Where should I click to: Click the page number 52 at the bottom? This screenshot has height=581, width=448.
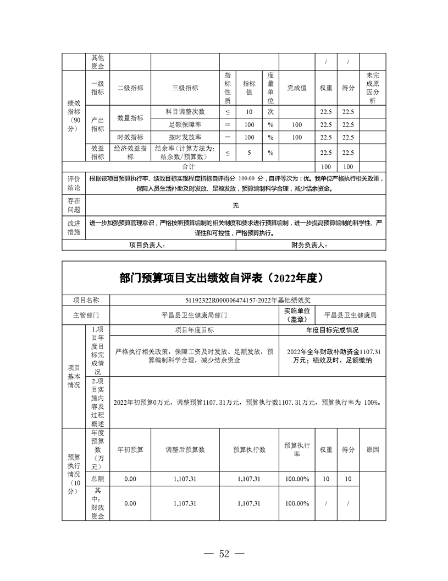(x=224, y=553)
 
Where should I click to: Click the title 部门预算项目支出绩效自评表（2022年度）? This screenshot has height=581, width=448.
(x=224, y=278)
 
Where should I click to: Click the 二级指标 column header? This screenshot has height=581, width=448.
(x=130, y=88)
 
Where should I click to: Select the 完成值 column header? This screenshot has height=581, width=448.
(x=296, y=88)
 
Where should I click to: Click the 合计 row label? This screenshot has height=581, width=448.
(x=189, y=166)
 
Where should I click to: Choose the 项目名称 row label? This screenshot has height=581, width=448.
(x=86, y=300)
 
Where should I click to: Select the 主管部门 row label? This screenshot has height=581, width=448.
(x=86, y=316)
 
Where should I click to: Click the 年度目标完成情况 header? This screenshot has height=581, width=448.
(x=332, y=330)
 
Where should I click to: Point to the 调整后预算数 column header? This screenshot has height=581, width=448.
(x=185, y=450)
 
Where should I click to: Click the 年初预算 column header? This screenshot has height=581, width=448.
(x=130, y=450)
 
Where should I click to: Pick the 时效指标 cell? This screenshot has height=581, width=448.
(x=130, y=137)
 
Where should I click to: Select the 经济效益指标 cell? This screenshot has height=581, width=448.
(x=130, y=153)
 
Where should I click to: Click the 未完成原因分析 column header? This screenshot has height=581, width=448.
(x=372, y=88)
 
